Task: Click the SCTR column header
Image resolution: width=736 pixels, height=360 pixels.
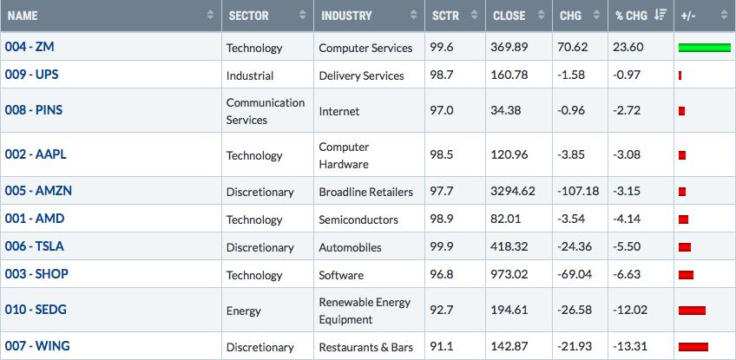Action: coord(443,16)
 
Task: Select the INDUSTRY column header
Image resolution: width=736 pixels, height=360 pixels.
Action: coord(346,16)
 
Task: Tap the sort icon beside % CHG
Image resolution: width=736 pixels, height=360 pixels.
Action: coord(660,15)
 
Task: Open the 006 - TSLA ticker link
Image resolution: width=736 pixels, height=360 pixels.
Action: coord(34,246)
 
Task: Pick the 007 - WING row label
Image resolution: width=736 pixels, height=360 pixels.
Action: coord(37,346)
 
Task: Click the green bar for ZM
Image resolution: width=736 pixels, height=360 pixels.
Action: coord(705,48)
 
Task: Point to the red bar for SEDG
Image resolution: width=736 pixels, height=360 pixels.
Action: coord(692,311)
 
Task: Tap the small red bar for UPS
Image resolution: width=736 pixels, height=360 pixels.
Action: coord(680,75)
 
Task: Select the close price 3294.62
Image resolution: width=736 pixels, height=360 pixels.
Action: coord(513,192)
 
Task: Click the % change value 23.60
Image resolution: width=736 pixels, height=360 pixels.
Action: coord(628,48)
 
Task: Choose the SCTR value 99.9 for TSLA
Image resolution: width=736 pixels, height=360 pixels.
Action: coord(442,247)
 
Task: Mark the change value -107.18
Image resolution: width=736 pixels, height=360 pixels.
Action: coord(578,192)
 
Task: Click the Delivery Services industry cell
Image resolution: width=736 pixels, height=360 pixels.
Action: coord(361,75)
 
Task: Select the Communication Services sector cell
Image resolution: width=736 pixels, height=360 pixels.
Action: coord(266,111)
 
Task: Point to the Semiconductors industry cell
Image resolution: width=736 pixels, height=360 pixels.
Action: coord(358,219)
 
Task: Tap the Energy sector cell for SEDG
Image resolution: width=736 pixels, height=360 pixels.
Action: coord(243,311)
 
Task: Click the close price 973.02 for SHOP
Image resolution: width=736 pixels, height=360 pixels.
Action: coord(509,275)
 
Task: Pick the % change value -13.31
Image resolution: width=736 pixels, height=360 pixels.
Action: coord(630,347)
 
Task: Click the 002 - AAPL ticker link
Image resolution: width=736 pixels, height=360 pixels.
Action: coord(36,154)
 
